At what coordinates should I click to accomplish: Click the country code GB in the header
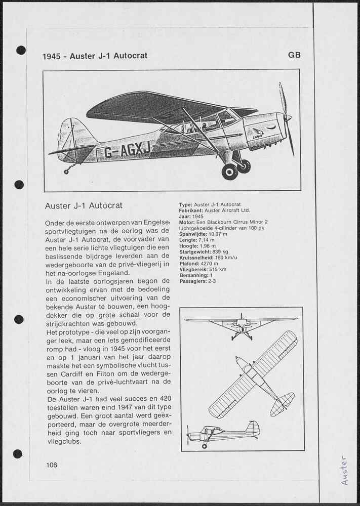pos(294,55)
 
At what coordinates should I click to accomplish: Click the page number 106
pos(51,465)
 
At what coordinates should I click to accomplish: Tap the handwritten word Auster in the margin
pos(344,470)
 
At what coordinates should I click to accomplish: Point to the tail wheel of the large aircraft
pos(66,172)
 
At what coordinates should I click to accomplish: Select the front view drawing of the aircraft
pos(241,326)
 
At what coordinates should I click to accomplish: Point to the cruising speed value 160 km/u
pos(223,258)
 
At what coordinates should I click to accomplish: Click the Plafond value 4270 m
pos(209,264)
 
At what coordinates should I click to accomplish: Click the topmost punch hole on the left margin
pos(21,50)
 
